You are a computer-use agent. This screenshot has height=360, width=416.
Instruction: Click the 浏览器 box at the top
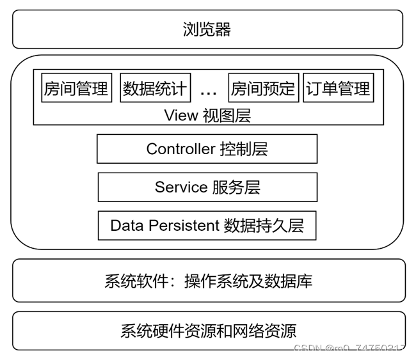pos(207,29)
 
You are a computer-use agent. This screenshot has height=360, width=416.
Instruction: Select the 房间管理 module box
pos(76,88)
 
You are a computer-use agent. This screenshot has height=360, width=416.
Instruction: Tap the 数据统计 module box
pos(155,88)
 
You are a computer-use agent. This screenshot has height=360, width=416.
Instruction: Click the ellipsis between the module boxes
pos(209,91)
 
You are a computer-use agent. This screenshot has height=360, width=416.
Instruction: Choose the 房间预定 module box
pos(263,88)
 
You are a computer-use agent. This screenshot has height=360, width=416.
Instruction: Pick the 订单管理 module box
pos(338,88)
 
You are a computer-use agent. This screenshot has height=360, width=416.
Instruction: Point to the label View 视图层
pos(207,116)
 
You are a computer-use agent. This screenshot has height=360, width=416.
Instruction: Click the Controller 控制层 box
pos(207,149)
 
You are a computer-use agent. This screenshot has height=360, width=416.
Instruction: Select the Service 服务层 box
pos(207,187)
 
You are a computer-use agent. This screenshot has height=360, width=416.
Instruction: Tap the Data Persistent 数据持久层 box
pos(207,225)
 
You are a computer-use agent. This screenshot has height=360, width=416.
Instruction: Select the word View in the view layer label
pos(180,116)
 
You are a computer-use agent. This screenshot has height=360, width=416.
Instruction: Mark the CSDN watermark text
pos(349,348)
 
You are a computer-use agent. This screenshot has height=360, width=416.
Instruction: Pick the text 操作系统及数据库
pos(248,281)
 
